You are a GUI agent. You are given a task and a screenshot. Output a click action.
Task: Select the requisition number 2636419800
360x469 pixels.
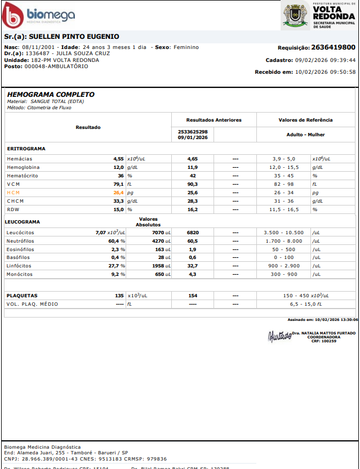(333, 47)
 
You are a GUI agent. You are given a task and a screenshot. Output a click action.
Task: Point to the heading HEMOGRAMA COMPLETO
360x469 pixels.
(51, 95)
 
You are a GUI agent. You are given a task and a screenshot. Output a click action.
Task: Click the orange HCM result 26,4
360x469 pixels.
(118, 193)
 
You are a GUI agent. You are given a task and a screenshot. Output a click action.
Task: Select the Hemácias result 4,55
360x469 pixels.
(118, 159)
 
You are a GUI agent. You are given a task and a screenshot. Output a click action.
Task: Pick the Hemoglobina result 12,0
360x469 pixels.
(118, 167)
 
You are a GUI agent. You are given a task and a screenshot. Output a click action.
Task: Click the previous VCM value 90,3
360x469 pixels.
(193, 184)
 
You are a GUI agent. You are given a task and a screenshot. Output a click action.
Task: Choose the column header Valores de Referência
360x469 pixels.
(305, 120)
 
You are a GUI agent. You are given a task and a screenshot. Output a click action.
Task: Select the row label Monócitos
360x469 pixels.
(19, 274)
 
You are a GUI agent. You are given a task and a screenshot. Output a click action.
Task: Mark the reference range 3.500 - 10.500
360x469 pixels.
(283, 233)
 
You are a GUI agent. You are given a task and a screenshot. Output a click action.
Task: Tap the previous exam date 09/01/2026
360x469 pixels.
(193, 137)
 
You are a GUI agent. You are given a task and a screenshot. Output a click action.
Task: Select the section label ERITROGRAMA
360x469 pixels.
(26, 149)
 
